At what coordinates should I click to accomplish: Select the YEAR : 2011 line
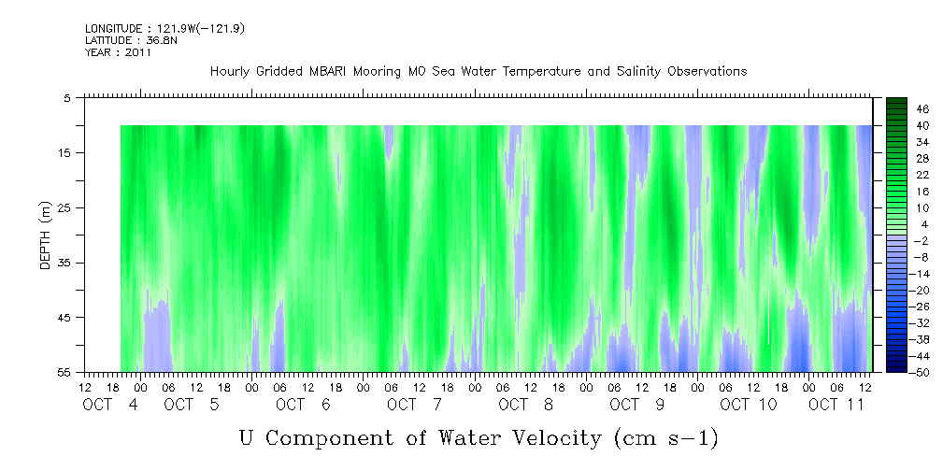118,52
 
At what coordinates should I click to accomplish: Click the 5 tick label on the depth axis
67,98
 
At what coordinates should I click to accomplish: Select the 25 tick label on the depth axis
64,207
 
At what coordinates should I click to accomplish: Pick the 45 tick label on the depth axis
64,318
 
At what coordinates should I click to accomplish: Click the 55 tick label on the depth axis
64,373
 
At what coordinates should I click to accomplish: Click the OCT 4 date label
111,405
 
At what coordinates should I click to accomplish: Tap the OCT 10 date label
748,405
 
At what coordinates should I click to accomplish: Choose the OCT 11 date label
836,405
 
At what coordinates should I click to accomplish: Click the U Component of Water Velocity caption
479,437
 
